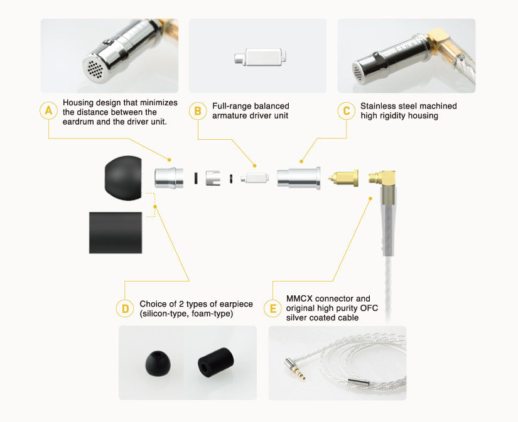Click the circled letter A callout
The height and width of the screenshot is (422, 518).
[x=48, y=110]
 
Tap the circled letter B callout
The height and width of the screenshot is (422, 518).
[x=198, y=110]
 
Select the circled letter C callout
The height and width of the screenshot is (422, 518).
[x=347, y=110]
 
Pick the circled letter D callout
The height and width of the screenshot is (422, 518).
[x=125, y=309]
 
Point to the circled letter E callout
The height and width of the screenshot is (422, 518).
[x=273, y=309]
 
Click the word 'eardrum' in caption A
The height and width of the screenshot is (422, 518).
[x=78, y=122]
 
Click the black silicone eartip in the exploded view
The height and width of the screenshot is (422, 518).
[x=123, y=178]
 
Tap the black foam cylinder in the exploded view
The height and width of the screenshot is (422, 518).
[x=116, y=233]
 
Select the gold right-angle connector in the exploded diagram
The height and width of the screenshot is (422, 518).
[x=383, y=186]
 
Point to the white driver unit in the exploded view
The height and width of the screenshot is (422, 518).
[x=254, y=178]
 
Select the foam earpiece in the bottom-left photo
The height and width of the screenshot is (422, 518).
[x=215, y=363]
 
